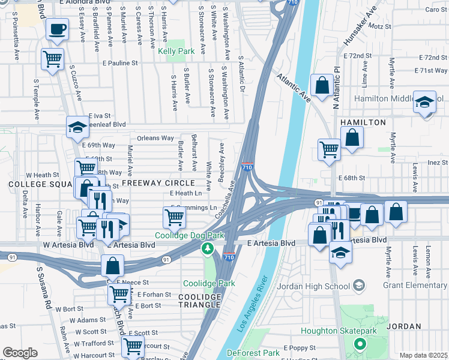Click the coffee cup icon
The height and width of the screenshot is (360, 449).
(57, 29)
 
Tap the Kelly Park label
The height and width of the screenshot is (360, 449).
(176, 52)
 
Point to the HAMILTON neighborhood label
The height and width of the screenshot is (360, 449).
(363, 122)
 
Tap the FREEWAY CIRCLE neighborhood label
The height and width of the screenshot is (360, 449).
(158, 182)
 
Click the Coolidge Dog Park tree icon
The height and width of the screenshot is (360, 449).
(208, 248)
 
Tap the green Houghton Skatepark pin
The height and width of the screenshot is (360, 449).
(360, 344)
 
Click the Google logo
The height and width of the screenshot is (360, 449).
(19, 353)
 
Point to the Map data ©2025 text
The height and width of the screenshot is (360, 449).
(423, 355)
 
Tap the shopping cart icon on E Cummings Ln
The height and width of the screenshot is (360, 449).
(173, 217)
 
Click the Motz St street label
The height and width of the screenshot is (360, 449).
(380, 27)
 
